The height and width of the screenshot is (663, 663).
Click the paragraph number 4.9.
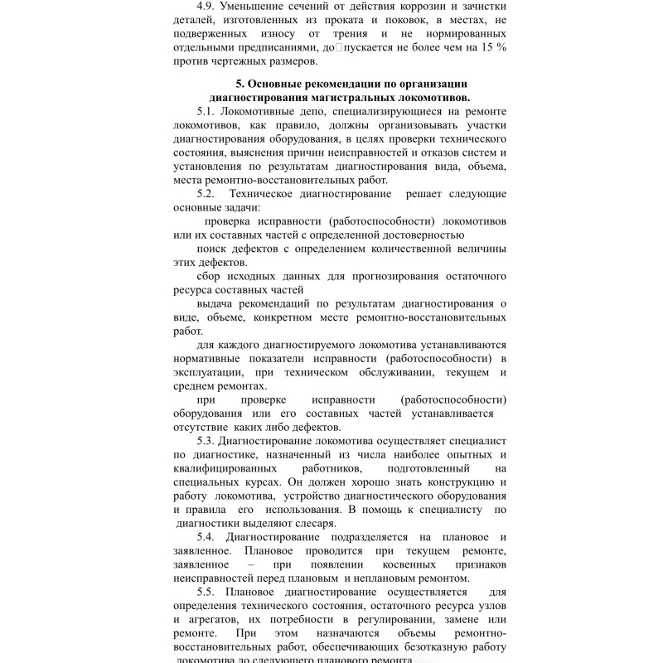208,7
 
